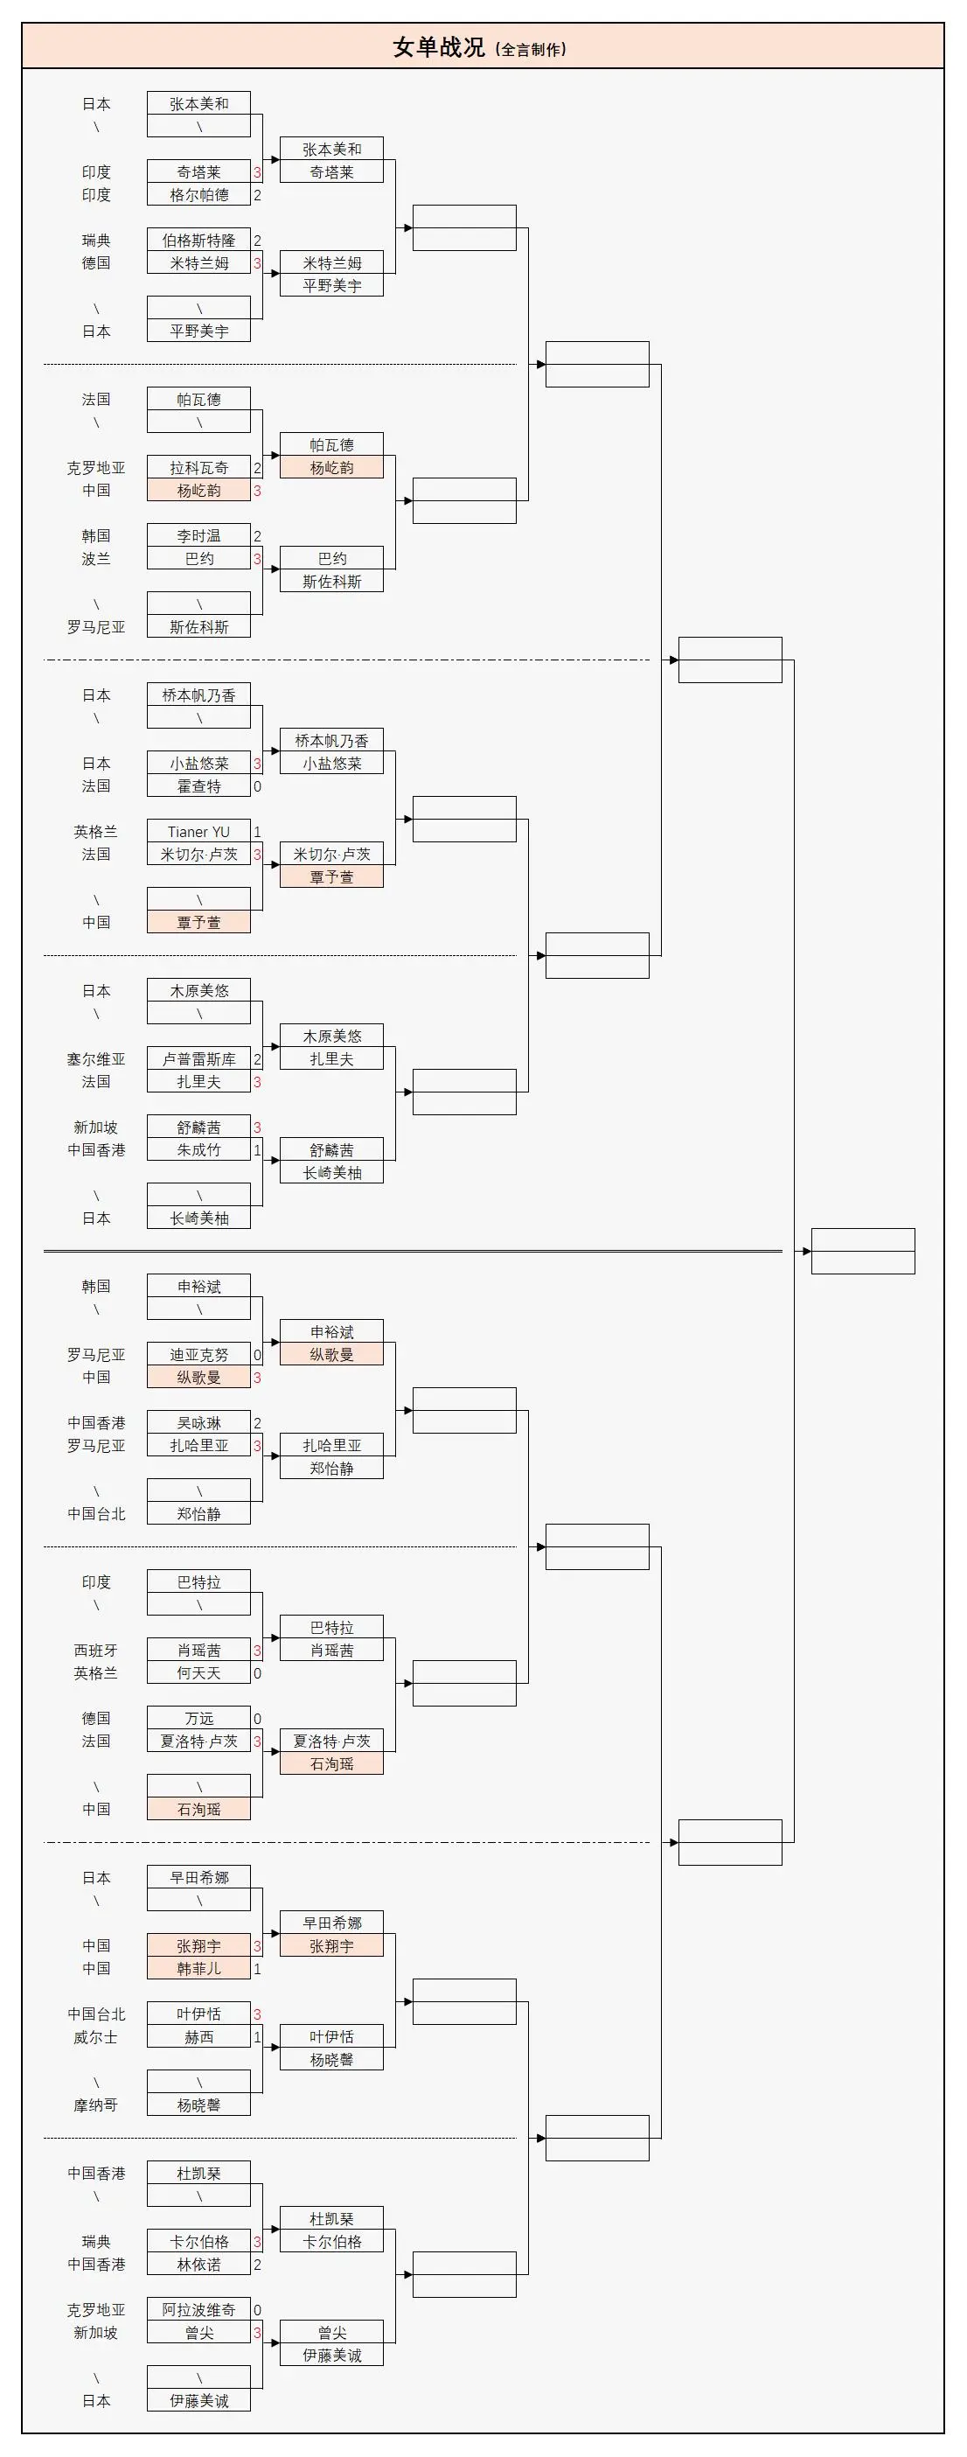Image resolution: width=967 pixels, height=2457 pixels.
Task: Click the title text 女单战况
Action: (x=439, y=46)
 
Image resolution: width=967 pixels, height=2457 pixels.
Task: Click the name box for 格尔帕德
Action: (x=198, y=194)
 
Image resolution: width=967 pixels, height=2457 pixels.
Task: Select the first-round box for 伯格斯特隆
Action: (x=198, y=241)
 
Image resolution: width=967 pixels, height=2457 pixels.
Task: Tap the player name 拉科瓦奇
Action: (x=198, y=467)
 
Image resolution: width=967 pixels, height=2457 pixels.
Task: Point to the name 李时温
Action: (x=198, y=536)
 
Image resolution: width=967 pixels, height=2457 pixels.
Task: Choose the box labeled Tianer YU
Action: (x=198, y=832)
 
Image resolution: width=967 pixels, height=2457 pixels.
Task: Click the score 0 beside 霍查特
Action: (x=257, y=786)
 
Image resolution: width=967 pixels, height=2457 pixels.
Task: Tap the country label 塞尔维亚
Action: (x=95, y=1058)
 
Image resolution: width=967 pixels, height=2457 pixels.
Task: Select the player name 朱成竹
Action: (x=198, y=1150)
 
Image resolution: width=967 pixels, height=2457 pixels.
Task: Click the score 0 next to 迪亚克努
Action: (x=257, y=1354)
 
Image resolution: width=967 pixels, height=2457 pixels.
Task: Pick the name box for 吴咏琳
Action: (x=198, y=1423)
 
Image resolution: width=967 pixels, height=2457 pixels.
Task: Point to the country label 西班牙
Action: (x=95, y=1650)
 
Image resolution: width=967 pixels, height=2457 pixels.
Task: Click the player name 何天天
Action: (x=198, y=1673)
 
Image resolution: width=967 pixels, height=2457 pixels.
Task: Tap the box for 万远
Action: (x=198, y=1719)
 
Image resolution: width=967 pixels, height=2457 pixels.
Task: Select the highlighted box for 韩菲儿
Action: (x=198, y=1969)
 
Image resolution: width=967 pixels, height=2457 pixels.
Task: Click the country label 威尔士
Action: (x=95, y=2037)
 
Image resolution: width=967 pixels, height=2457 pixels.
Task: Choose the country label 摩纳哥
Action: (x=95, y=2105)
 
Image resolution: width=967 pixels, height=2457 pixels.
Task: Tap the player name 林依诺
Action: (x=198, y=2265)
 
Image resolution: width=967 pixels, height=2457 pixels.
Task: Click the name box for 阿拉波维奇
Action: (x=198, y=2310)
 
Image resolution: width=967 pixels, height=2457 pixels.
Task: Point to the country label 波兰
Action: (x=95, y=559)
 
